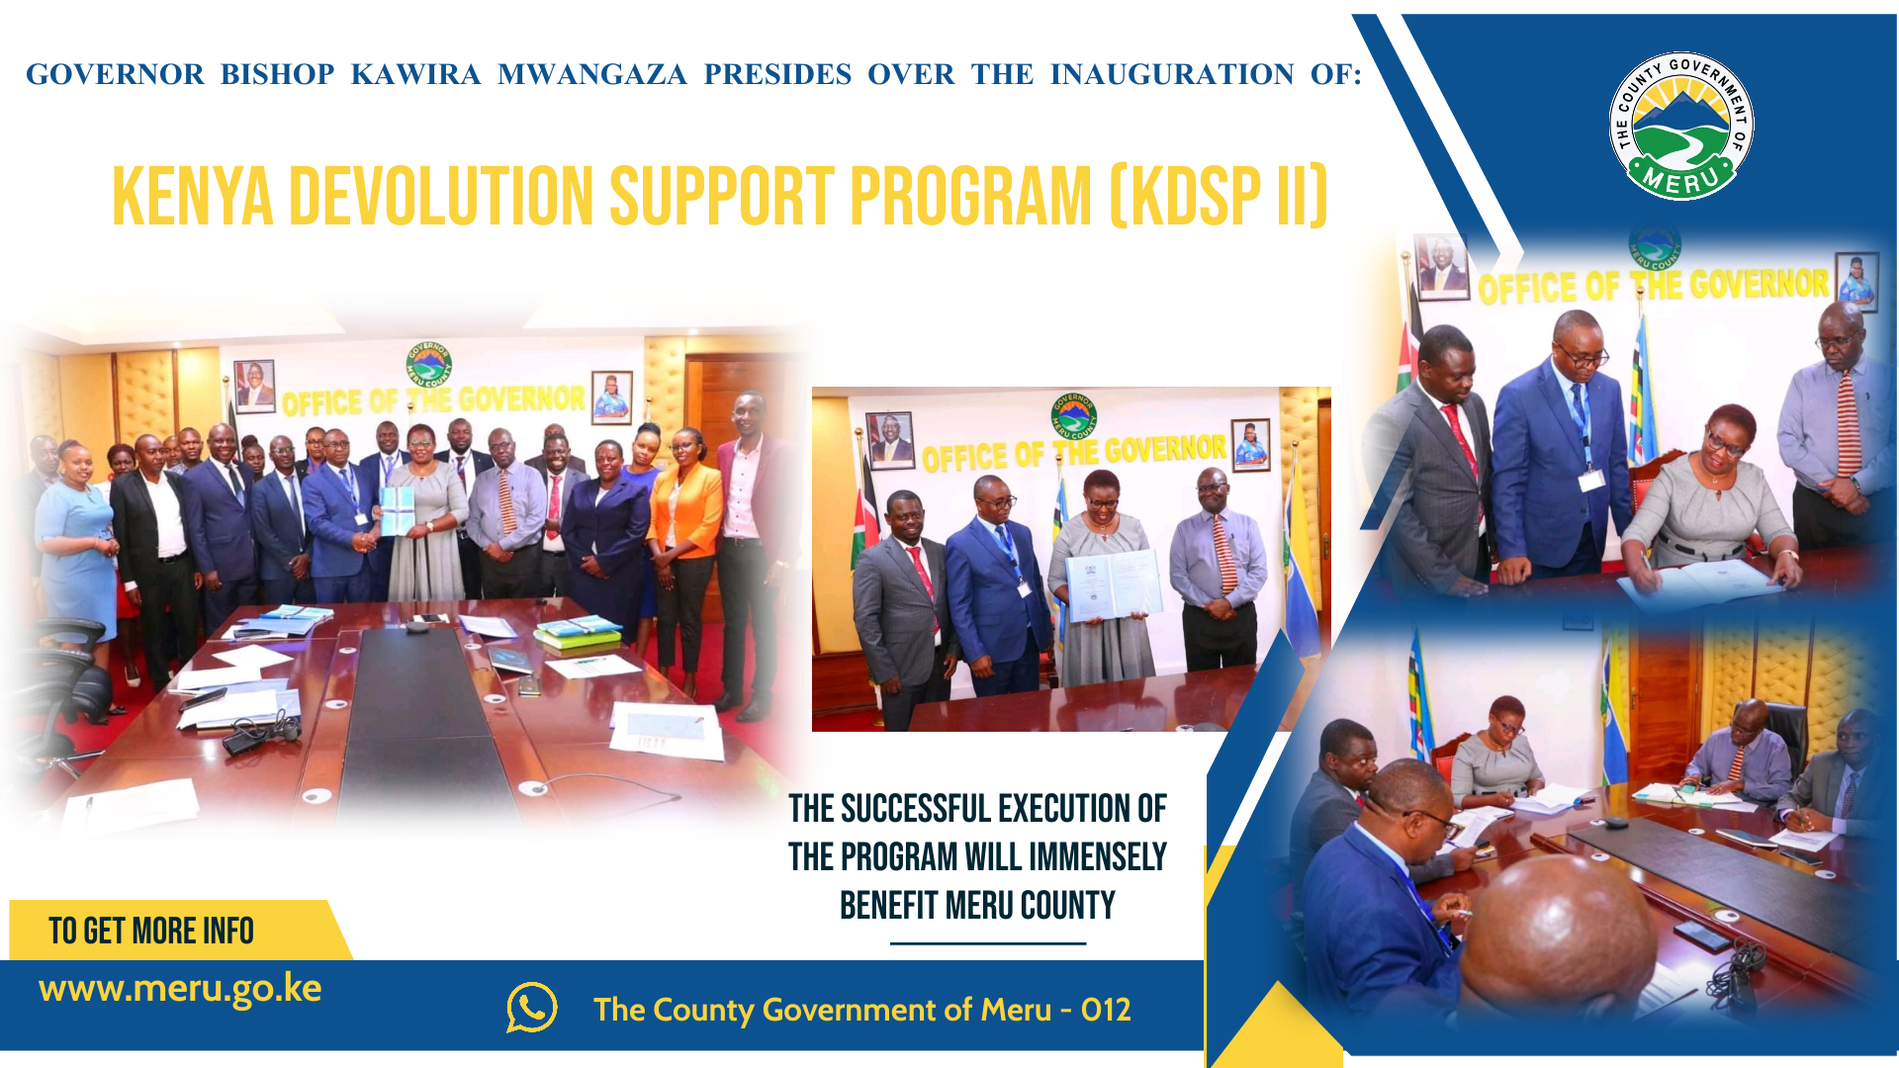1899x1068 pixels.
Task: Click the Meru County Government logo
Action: pos(1681,126)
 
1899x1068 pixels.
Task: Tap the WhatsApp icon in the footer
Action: pos(532,1008)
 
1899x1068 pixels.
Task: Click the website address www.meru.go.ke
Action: pos(180,988)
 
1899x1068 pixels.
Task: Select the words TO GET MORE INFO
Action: pos(151,931)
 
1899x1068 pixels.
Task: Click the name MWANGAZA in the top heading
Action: pos(591,74)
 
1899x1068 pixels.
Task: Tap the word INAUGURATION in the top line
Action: pos(1172,74)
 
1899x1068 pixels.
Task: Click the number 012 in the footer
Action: pos(1106,1010)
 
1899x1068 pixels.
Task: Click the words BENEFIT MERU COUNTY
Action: pos(977,905)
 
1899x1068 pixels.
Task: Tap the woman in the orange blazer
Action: pos(684,524)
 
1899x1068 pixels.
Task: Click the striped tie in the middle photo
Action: pos(1223,554)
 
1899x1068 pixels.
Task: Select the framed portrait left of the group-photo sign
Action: pos(254,384)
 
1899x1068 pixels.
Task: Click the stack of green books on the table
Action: pos(579,634)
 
